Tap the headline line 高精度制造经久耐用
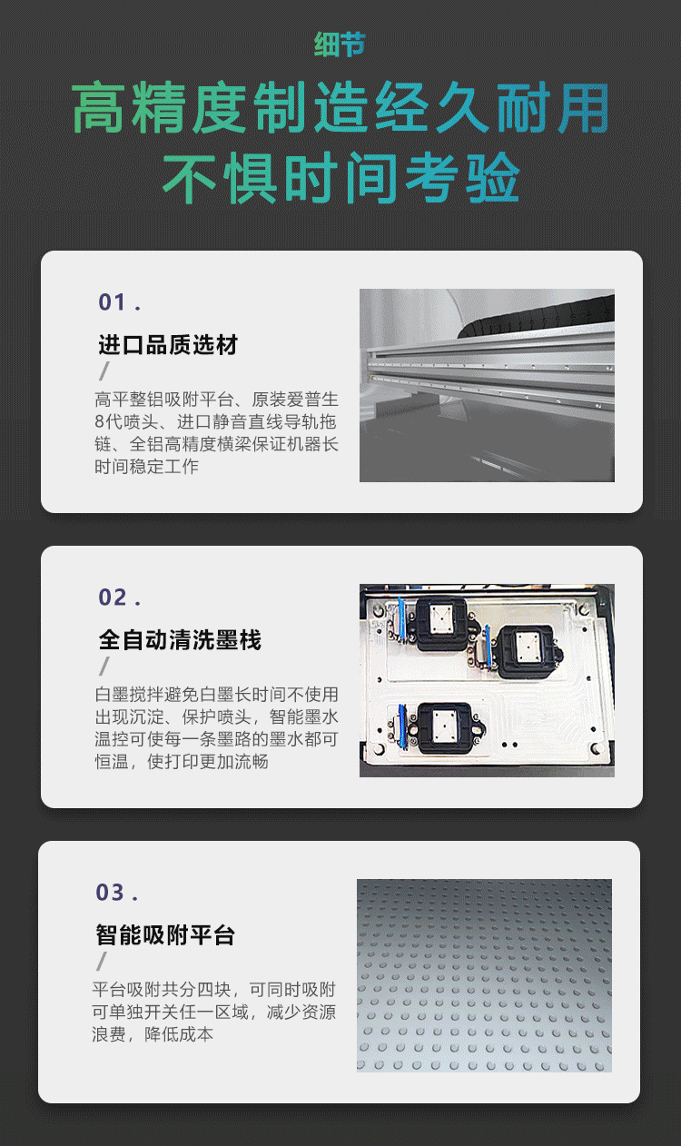click(x=340, y=108)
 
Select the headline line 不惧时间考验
click(x=340, y=178)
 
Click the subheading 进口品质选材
click(x=168, y=345)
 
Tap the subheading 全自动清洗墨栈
click(x=180, y=640)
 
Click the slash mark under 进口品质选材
click(x=104, y=371)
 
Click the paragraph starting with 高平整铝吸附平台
click(x=216, y=433)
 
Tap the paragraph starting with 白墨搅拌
click(x=216, y=728)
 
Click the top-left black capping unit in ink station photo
click(x=441, y=624)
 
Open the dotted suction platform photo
click(x=484, y=975)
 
